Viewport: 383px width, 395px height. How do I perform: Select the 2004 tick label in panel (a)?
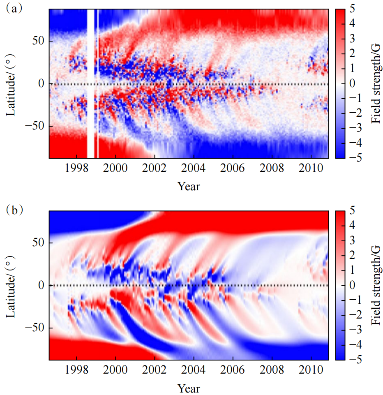pyautogui.click(x=194, y=169)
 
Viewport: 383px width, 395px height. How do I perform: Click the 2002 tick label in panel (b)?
pyautogui.click(x=155, y=371)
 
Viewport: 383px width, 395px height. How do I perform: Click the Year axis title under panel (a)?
pyautogui.click(x=189, y=187)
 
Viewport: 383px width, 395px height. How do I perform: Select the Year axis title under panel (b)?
pyautogui.click(x=189, y=388)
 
